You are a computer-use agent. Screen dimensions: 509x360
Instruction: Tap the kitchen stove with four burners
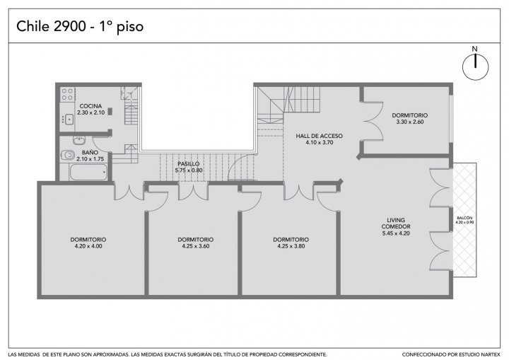(68, 94)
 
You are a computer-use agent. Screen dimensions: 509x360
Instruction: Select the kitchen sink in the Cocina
(69, 120)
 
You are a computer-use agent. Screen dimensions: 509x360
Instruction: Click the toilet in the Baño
(68, 155)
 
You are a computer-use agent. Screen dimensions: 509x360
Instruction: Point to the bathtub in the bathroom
(88, 172)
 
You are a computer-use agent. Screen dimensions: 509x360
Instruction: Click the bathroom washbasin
(79, 140)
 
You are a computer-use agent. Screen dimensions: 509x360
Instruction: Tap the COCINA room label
(90, 106)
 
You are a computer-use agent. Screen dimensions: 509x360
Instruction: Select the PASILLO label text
(189, 164)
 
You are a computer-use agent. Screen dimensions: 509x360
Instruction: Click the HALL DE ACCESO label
(319, 136)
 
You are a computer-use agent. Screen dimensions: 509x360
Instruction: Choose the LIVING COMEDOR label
(396, 223)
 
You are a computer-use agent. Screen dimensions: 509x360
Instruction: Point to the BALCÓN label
(464, 218)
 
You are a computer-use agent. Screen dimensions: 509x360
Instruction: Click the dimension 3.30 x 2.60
(409, 122)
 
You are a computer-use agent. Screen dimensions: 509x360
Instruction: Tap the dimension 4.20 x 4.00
(88, 246)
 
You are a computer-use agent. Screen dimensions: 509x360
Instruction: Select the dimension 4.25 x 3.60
(196, 246)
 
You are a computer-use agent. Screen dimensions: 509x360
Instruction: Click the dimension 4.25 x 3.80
(291, 246)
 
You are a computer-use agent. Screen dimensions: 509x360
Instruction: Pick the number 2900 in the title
(69, 26)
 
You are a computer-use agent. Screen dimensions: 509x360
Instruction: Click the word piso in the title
(130, 28)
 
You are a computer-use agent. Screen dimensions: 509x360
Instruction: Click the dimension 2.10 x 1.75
(90, 159)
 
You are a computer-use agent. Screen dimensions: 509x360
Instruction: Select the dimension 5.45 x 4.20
(396, 233)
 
